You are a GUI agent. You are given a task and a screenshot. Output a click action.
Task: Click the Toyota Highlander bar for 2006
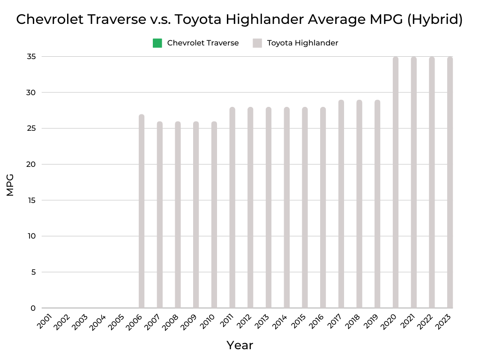pos(142,211)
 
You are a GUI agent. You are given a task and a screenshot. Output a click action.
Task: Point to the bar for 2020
pos(396,182)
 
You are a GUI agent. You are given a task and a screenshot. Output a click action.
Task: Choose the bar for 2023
pos(450,182)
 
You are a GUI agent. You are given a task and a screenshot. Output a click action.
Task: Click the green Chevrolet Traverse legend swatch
pos(157,43)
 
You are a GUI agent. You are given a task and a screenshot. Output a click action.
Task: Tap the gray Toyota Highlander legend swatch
pos(257,43)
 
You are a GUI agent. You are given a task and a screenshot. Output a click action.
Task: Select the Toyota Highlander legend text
pos(302,43)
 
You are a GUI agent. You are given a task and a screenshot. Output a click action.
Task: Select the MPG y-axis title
pos(10,185)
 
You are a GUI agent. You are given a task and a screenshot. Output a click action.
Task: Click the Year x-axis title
pos(240,345)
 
